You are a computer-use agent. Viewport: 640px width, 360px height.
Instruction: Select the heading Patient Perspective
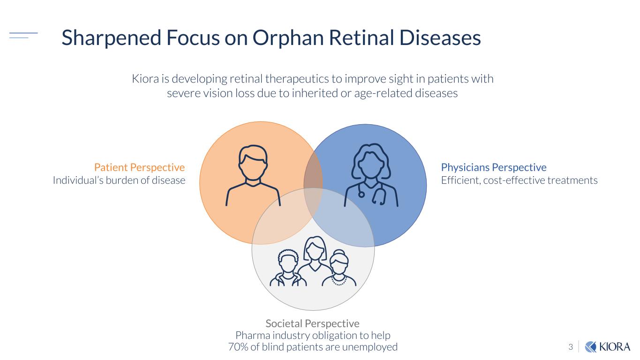(x=139, y=167)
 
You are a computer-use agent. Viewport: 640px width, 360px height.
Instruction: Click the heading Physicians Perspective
(x=494, y=167)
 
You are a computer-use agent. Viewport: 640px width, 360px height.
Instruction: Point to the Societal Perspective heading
(x=313, y=323)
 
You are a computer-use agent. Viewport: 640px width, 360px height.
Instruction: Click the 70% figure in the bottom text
(x=238, y=347)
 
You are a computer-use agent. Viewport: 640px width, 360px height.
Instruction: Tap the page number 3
(x=571, y=347)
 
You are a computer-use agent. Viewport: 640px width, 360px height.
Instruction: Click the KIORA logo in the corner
(x=608, y=347)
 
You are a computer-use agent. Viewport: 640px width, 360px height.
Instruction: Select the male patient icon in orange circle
(x=253, y=175)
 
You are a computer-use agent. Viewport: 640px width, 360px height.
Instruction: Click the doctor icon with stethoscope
(x=371, y=175)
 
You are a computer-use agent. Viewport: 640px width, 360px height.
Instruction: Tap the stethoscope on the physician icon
(x=371, y=193)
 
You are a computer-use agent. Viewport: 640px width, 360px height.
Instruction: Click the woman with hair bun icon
(x=339, y=268)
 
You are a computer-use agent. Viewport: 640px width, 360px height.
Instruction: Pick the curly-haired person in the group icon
(x=288, y=268)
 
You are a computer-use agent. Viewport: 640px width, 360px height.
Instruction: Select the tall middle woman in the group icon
(x=315, y=254)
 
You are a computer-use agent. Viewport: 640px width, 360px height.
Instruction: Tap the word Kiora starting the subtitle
(x=145, y=79)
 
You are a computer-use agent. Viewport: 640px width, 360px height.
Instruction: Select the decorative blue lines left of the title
(x=23, y=35)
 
